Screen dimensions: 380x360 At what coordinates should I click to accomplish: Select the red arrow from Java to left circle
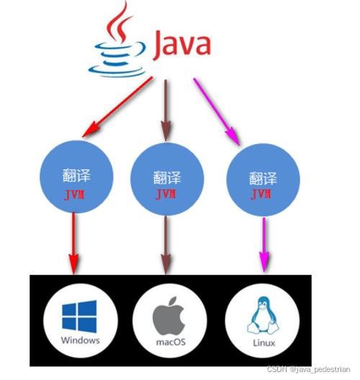click(x=118, y=107)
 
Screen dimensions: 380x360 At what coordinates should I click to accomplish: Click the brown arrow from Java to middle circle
click(x=168, y=108)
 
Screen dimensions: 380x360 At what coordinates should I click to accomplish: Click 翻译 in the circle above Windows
click(x=76, y=176)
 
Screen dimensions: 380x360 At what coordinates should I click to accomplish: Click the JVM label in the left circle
click(x=76, y=194)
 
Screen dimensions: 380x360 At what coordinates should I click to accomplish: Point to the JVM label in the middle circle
click(x=167, y=194)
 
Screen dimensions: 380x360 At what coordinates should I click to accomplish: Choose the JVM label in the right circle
click(x=260, y=195)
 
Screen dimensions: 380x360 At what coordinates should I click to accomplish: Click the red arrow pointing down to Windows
click(x=73, y=245)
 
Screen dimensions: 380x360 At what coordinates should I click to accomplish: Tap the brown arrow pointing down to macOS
click(x=167, y=245)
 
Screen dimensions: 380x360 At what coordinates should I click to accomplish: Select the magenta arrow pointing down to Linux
click(x=264, y=245)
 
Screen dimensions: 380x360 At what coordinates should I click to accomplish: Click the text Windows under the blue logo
click(x=80, y=340)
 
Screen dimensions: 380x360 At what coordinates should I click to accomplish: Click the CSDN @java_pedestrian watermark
click(x=312, y=369)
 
